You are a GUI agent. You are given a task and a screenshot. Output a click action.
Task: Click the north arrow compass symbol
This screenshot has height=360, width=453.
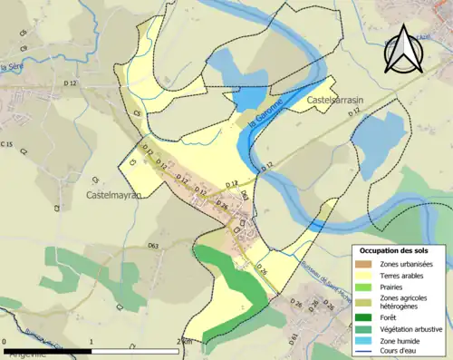(403, 50)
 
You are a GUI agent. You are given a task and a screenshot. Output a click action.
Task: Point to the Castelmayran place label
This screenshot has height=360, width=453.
(116, 194)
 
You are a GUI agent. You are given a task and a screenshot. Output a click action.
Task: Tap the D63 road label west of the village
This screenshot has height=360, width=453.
(152, 246)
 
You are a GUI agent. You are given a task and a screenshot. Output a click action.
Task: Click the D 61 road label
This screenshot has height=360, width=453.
(294, 338)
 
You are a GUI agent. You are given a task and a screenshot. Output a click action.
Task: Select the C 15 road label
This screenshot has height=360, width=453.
(7, 145)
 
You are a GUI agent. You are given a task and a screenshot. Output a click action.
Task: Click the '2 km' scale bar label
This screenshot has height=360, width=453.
(184, 342)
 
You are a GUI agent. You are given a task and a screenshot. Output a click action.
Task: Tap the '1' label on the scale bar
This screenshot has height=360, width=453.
(92, 342)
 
